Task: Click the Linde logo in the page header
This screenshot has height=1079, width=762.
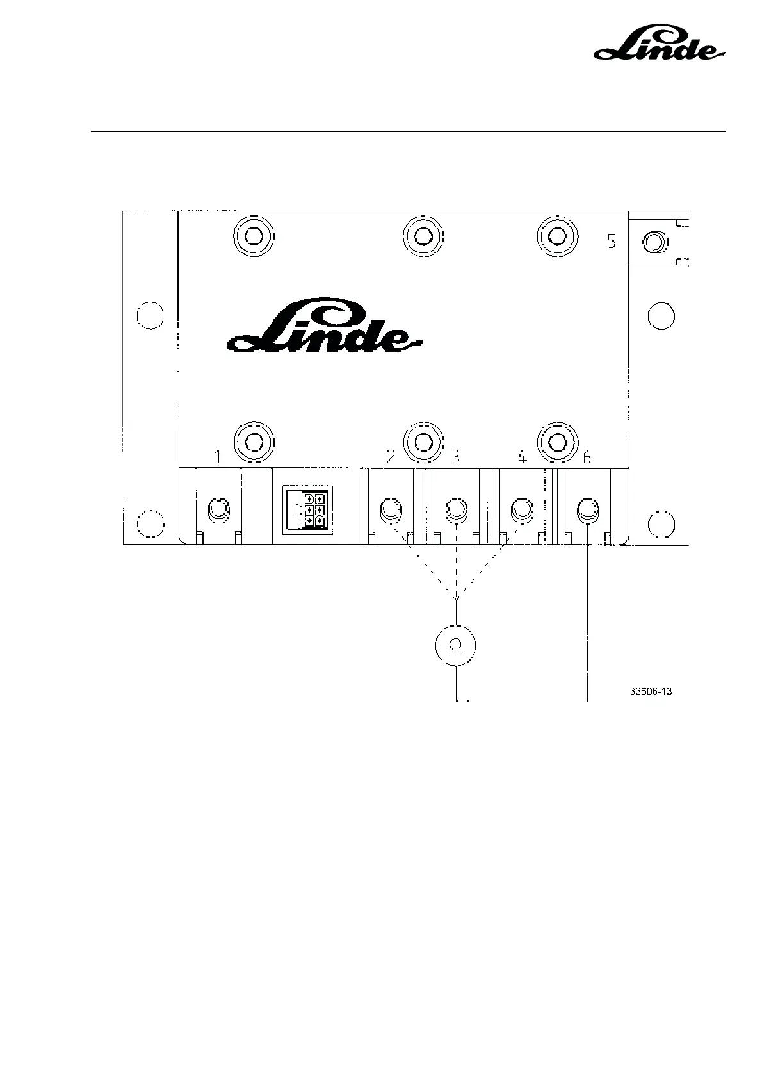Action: click(x=659, y=44)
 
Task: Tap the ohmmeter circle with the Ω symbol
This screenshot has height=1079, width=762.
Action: click(x=456, y=646)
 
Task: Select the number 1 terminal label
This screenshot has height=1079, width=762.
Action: click(x=218, y=457)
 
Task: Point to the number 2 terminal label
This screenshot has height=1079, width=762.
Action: click(x=391, y=457)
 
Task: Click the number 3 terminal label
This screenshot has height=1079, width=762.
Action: click(x=455, y=457)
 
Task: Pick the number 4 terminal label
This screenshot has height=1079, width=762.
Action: click(x=522, y=457)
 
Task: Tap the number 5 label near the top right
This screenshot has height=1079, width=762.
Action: click(x=612, y=242)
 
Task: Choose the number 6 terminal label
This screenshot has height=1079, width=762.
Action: click(x=587, y=457)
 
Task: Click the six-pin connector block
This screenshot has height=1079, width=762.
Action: click(x=308, y=510)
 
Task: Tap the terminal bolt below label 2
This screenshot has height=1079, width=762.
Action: click(x=391, y=511)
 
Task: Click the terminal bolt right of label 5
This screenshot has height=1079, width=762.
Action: click(x=654, y=243)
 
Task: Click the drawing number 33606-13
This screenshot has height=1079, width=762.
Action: click(x=651, y=691)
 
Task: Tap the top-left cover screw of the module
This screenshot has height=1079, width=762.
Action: click(x=254, y=236)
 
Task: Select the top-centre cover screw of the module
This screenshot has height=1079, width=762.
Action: click(x=423, y=236)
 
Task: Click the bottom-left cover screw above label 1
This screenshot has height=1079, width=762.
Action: click(x=254, y=441)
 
